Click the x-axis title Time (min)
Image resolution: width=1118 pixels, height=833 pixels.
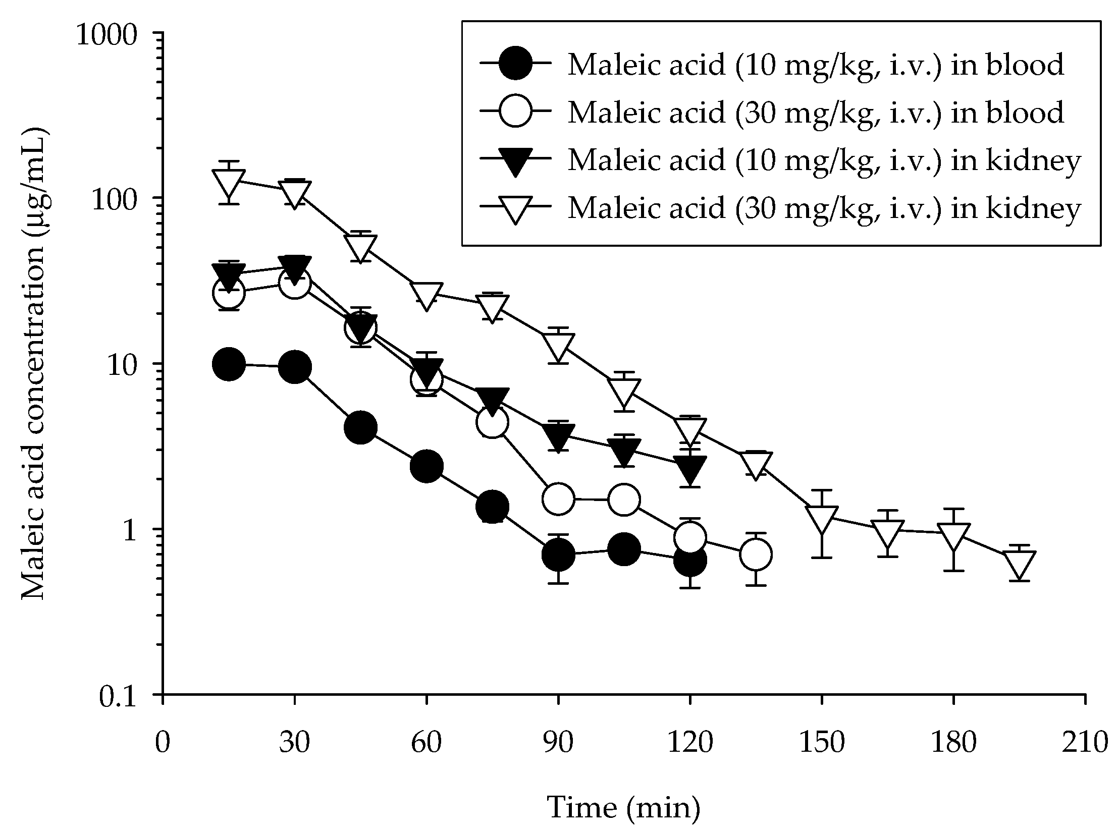tap(624, 808)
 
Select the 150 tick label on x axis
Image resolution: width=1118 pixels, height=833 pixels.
tap(822, 743)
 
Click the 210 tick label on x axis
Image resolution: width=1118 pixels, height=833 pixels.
tap(1085, 743)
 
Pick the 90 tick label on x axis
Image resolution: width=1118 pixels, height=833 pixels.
tap(558, 743)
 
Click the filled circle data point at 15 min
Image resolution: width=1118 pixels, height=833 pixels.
tap(229, 364)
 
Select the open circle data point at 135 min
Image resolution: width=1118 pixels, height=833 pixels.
tap(756, 555)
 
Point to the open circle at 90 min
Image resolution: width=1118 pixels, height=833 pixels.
tap(558, 499)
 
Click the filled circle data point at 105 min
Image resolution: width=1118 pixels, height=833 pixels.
tap(624, 549)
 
